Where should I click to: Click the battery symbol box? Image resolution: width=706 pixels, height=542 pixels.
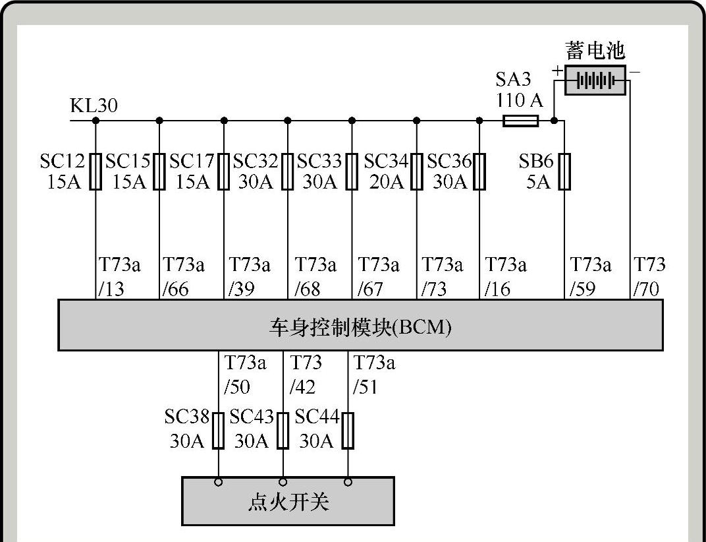[595, 80]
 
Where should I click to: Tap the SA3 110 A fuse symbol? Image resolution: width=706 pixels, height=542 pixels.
[520, 121]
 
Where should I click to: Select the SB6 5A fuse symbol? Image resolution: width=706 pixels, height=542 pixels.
[564, 171]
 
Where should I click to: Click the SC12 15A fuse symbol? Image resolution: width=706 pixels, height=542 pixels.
[96, 171]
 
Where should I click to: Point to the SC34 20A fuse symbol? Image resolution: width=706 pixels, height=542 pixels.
[417, 171]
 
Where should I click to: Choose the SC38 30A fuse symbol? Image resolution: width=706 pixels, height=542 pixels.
[219, 431]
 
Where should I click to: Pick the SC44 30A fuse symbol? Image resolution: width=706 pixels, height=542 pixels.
[348, 431]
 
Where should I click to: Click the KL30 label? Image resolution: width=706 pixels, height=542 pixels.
[94, 105]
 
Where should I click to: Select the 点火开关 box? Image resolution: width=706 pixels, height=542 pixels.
[288, 502]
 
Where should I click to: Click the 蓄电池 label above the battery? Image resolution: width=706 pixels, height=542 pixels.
[595, 51]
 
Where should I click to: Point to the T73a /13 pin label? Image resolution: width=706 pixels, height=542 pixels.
[119, 277]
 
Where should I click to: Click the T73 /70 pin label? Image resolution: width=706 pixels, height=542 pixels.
[649, 277]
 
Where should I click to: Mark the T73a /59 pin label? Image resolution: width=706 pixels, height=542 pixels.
[590, 277]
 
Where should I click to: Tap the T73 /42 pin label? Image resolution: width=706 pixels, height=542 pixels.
[306, 374]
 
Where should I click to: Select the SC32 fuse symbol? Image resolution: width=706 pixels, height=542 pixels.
[288, 171]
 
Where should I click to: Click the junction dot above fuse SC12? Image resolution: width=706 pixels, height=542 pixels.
[96, 121]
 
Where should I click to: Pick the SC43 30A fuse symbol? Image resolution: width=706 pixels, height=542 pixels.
[283, 431]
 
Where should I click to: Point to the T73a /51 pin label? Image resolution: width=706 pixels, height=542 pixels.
[374, 374]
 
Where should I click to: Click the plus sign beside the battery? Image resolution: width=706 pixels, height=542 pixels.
[557, 71]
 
